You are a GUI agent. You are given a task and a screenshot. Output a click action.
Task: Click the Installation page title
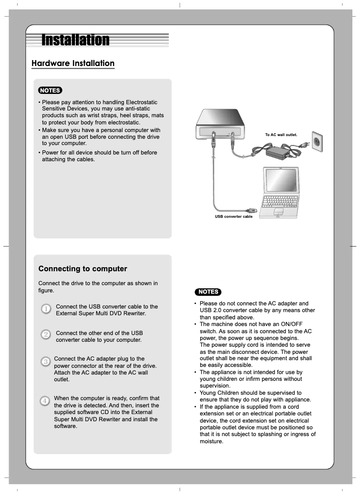point(75,40)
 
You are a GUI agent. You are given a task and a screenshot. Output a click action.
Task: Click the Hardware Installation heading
point(73,63)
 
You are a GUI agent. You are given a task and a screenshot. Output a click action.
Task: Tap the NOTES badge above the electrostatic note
point(50,90)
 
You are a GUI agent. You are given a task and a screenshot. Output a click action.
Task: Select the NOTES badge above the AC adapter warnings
point(208,292)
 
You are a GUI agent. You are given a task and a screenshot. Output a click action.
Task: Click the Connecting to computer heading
point(83,269)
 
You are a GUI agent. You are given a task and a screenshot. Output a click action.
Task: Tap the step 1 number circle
point(46,309)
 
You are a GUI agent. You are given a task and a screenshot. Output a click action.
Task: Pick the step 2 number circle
point(46,335)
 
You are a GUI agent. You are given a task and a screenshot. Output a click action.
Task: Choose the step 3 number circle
point(45,361)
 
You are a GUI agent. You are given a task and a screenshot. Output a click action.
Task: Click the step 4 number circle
point(45,400)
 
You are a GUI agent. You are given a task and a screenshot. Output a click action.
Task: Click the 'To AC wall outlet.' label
point(281,135)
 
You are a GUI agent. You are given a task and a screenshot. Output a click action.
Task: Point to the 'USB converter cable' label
point(233,216)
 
